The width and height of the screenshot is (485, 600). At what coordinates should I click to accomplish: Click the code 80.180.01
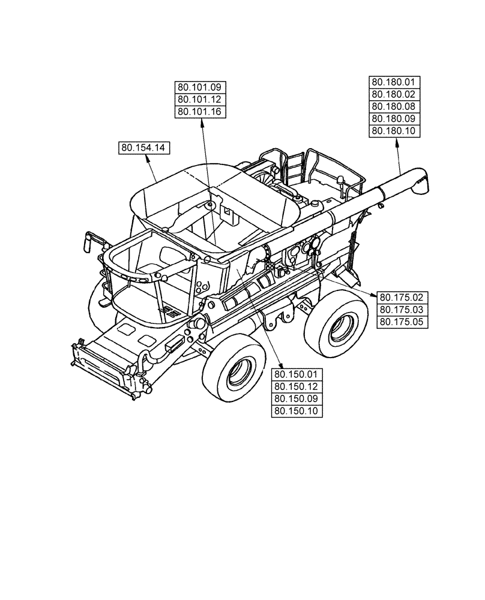[397, 82]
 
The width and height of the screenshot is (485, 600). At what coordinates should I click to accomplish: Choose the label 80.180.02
[397, 94]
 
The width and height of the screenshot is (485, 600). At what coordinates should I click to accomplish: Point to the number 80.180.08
[397, 107]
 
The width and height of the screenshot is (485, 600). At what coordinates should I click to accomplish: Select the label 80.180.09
[397, 119]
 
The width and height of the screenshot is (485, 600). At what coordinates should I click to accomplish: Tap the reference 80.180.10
[397, 131]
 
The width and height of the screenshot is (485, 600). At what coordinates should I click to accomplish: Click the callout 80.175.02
[402, 297]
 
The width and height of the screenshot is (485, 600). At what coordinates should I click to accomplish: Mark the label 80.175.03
[402, 310]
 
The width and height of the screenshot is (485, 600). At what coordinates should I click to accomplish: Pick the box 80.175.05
[402, 322]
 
